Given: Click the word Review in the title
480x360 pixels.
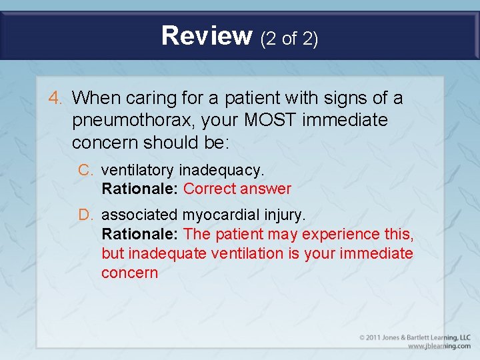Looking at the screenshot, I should pos(207,36).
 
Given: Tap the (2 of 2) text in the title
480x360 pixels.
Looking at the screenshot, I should pos(289,39).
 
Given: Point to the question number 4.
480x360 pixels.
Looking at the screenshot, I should pos(55,99).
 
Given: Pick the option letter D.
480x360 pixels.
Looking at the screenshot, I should pos(85,215).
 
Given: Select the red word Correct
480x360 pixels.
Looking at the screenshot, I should pos(209,189).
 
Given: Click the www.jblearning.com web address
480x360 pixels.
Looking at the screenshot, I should pos(439,347).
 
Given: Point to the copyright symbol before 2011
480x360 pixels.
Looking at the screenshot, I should pos(362,338).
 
